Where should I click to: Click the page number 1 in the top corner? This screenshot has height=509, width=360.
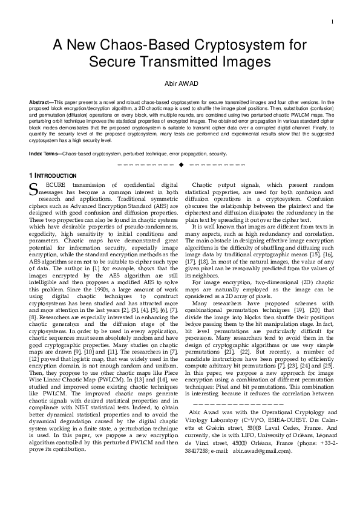click(333, 22)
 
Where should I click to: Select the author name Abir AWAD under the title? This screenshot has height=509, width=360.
click(180, 83)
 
